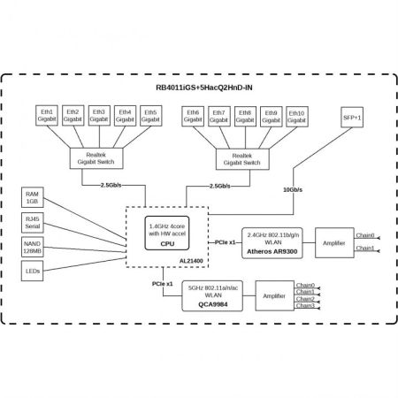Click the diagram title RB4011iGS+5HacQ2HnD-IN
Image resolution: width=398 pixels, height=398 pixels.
(x=199, y=88)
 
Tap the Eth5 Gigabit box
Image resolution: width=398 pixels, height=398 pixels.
(x=149, y=117)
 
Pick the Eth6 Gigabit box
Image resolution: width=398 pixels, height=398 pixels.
(x=194, y=117)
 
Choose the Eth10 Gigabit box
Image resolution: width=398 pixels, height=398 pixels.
(x=296, y=117)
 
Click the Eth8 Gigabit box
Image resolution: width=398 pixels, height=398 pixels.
(x=245, y=117)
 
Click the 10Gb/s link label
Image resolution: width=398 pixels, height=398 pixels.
(x=293, y=190)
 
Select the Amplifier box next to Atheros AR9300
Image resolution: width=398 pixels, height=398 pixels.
(x=333, y=241)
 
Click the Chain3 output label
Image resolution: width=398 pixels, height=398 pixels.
(x=306, y=306)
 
